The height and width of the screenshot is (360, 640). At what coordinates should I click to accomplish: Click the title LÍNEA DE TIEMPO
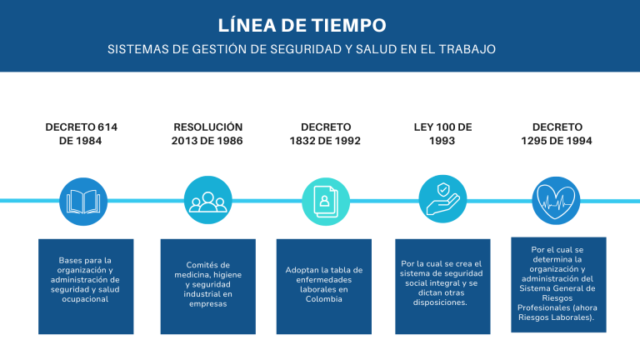pos(302,25)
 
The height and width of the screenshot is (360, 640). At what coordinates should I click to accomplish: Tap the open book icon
pos(83,202)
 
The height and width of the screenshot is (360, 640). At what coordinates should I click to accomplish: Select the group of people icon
pos(207,200)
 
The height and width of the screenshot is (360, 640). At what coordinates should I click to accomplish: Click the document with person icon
pos(326,202)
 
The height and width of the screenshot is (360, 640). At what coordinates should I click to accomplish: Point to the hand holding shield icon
pos(442,199)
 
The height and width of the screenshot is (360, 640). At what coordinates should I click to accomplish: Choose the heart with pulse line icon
pos(556,201)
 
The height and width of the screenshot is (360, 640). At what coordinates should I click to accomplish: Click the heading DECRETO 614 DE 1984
pos(81,134)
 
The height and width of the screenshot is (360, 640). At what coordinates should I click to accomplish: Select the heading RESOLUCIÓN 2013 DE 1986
pos(207,134)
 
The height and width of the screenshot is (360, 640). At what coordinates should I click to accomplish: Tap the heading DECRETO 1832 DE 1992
pos(325,134)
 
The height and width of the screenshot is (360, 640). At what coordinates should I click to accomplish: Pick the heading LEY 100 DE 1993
pos(442,134)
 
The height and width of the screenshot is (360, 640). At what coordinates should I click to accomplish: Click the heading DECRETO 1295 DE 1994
pos(557,134)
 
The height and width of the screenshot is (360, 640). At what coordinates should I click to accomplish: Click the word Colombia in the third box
pos(323,299)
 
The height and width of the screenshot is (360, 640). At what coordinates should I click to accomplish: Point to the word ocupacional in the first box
pos(85,299)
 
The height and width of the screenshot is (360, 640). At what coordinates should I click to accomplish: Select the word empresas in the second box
pos(207,304)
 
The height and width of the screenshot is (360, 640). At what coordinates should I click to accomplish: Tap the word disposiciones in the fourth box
pos(440,302)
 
